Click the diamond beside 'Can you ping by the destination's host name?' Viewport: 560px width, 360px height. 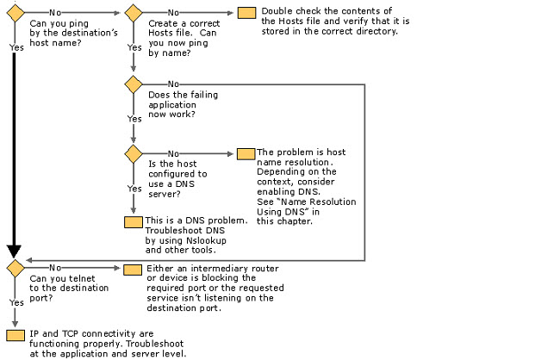[x=16, y=13]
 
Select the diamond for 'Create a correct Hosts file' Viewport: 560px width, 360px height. [x=134, y=13]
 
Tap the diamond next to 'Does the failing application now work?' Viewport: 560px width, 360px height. [x=134, y=84]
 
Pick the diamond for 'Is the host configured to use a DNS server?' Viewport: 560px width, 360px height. [x=134, y=154]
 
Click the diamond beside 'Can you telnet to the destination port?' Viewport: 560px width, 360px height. [x=16, y=268]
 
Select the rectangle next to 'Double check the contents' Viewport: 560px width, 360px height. [x=246, y=13]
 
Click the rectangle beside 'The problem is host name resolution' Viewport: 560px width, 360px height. [x=246, y=154]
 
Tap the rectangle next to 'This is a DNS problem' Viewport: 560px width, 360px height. [x=134, y=222]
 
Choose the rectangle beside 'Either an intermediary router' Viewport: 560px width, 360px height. [x=133, y=270]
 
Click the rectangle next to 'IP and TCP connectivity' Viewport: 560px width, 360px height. [x=16, y=335]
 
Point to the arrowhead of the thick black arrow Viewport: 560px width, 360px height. [x=14, y=251]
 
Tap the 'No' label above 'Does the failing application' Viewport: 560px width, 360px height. [x=173, y=84]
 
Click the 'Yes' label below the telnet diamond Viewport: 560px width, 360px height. [x=16, y=303]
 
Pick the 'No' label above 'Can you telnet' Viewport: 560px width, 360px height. [x=55, y=268]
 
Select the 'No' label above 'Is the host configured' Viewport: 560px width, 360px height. [x=173, y=154]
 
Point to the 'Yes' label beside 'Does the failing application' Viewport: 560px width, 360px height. [x=134, y=119]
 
